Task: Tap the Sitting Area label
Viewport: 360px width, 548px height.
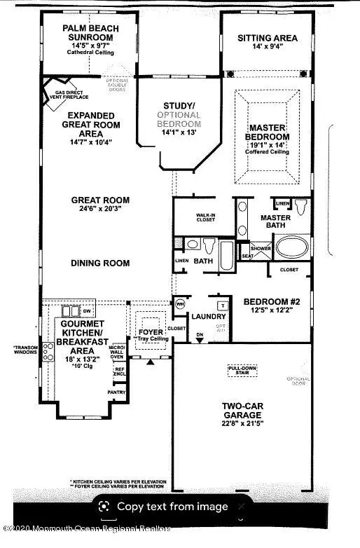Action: pyautogui.click(x=267, y=38)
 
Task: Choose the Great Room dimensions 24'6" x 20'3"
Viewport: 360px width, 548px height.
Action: pyautogui.click(x=100, y=210)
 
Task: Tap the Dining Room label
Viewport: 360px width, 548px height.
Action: pyautogui.click(x=100, y=263)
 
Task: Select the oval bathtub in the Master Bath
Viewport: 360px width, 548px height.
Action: pyautogui.click(x=289, y=247)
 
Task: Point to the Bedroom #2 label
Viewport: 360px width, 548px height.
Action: pyautogui.click(x=271, y=303)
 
